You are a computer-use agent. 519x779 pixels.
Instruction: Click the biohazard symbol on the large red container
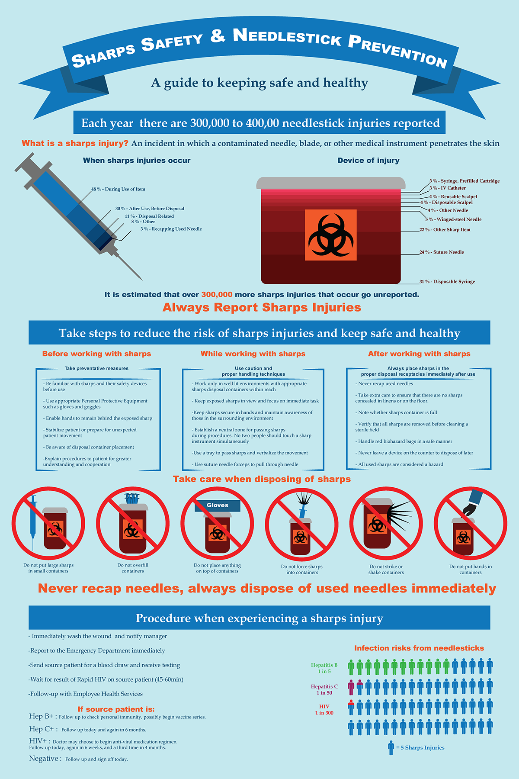coord(331,235)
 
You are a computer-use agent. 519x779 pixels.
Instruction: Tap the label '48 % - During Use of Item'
coord(118,189)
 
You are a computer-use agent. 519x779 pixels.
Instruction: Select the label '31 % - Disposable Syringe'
coord(447,282)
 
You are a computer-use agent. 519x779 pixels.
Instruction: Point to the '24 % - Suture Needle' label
coord(442,252)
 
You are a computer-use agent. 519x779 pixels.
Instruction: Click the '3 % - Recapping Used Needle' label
coord(171,229)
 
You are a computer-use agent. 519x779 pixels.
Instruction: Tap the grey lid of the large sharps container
coord(331,183)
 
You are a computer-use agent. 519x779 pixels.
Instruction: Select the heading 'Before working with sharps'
coord(96,354)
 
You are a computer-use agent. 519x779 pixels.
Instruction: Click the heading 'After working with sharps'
coord(419,354)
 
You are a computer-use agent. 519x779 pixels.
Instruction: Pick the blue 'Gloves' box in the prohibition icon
coord(217,505)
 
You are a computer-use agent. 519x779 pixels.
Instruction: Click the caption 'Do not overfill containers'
coord(133,568)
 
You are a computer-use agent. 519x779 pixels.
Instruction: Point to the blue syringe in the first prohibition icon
coord(33,521)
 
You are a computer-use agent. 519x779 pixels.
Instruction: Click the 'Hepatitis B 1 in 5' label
coord(324,668)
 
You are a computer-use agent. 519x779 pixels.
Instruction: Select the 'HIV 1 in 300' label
coord(324,710)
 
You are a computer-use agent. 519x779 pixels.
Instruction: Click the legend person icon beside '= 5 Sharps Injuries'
coord(391,747)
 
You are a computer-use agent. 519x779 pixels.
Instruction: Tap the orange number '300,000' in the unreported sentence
coord(217,295)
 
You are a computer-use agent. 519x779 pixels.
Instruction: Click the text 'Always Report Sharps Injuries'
coord(262,308)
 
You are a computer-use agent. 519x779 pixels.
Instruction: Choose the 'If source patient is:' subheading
coord(116,709)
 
